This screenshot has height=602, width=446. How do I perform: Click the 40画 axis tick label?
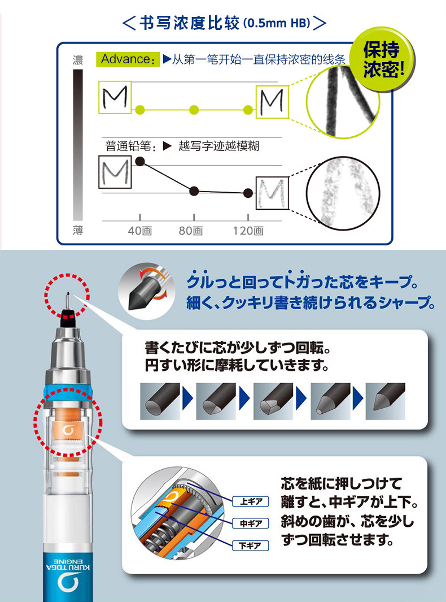[139, 231]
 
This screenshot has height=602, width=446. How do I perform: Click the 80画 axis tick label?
[190, 231]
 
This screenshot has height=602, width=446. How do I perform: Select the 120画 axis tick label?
[248, 231]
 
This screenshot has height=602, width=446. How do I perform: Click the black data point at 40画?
[141, 162]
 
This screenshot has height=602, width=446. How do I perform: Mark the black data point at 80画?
[194, 190]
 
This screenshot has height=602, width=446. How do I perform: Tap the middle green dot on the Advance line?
[194, 109]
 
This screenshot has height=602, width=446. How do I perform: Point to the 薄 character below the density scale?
[77, 230]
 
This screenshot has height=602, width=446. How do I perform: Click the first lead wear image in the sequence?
[159, 401]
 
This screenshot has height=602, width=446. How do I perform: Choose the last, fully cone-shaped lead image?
[385, 401]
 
